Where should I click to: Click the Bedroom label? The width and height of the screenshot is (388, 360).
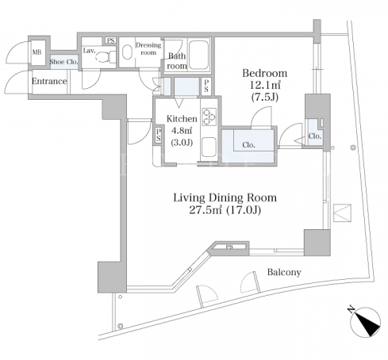click(265, 73)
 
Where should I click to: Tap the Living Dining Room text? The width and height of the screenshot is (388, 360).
click(225, 197)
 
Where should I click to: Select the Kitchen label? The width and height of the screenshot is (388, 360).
click(182, 119)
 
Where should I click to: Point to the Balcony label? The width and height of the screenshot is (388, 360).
click(284, 272)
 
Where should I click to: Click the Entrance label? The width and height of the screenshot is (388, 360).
click(49, 81)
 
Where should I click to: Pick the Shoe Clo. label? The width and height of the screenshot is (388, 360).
click(64, 62)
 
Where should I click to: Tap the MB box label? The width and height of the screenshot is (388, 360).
click(37, 52)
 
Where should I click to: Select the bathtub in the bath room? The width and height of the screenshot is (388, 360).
click(199, 55)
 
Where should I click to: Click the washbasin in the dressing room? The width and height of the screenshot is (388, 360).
click(127, 52)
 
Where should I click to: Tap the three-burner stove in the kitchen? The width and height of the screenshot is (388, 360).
click(209, 117)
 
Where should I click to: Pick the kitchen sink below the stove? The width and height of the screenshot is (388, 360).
click(209, 147)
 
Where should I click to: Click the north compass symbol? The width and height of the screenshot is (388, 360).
click(365, 322)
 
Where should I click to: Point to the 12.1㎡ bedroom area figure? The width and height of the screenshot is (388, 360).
click(265, 85)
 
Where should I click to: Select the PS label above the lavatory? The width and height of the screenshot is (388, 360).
click(111, 40)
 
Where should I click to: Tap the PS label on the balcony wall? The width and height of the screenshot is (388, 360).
click(229, 247)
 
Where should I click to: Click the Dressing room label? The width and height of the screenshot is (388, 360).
click(148, 48)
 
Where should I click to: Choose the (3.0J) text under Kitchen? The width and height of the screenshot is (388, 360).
click(182, 143)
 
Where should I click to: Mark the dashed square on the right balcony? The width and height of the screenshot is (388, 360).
click(342, 213)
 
